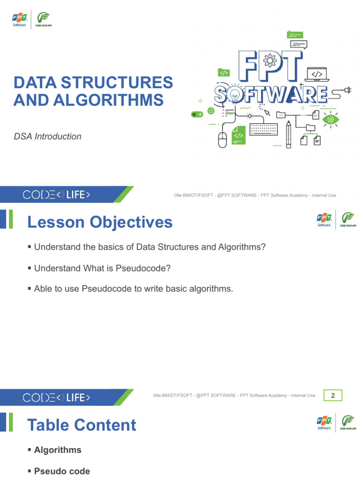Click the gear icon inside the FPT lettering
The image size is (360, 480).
270,60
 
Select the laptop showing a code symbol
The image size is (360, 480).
317,75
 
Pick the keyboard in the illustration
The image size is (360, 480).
265,129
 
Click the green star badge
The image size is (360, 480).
211,111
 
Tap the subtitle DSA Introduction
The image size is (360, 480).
47,136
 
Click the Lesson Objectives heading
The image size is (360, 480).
100,222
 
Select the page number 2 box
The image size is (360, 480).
333,396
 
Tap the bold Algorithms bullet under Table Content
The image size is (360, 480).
58,450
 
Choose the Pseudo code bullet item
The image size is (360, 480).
62,471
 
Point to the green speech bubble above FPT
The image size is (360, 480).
295,34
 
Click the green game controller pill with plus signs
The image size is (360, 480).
197,114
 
